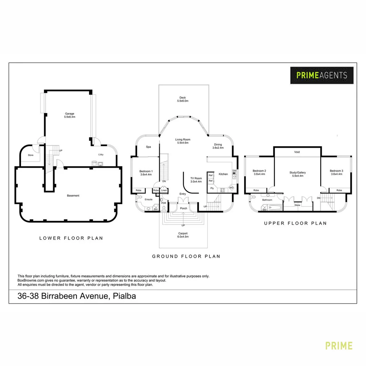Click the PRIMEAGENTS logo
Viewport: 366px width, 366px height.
pyautogui.click(x=322, y=75)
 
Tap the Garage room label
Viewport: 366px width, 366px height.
pyautogui.click(x=69, y=115)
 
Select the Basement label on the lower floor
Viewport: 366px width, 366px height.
pyautogui.click(x=73, y=196)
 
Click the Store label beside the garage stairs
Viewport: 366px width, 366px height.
pyautogui.click(x=30, y=155)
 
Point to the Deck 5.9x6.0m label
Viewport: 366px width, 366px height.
pyautogui.click(x=183, y=99)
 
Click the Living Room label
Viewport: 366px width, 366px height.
pyautogui.click(x=183, y=141)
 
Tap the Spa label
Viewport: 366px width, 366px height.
pyautogui.click(x=148, y=147)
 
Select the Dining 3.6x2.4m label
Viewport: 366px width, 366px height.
pyautogui.click(x=217, y=146)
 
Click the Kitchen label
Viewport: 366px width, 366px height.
pyautogui.click(x=223, y=174)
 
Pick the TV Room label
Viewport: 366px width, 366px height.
pyautogui.click(x=196, y=180)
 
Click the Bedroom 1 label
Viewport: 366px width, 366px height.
pyautogui.click(x=146, y=173)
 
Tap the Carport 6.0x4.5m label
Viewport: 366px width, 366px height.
pyautogui.click(x=183, y=235)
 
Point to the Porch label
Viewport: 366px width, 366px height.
pyautogui.click(x=183, y=208)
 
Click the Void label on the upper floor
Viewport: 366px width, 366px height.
pyautogui.click(x=297, y=152)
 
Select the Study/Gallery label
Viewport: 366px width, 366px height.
pyautogui.click(x=297, y=174)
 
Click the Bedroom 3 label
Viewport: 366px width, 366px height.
pyautogui.click(x=336, y=172)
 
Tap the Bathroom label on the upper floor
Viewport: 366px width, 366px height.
pyautogui.click(x=267, y=200)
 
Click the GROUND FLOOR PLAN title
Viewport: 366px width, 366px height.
pyautogui.click(x=186, y=257)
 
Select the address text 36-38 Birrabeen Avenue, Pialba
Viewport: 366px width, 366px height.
pyautogui.click(x=77, y=296)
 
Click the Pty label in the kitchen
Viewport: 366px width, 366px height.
pyautogui.click(x=212, y=188)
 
